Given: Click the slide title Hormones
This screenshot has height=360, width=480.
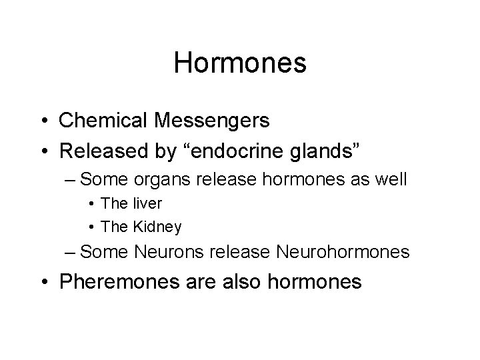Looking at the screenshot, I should (x=240, y=63).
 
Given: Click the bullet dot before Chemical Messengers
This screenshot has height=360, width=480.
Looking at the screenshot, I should (x=45, y=121).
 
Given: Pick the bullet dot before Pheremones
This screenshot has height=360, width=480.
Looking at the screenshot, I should (x=45, y=282).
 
